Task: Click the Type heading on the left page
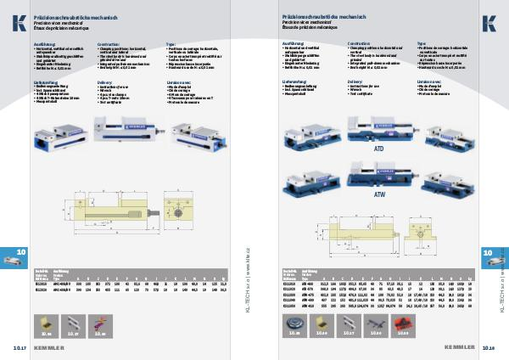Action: tap(171, 42)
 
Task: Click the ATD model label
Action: tap(379, 148)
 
